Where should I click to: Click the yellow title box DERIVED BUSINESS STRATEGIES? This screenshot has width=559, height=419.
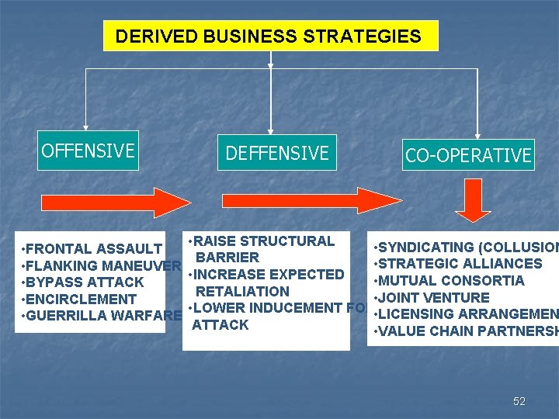tap(270, 36)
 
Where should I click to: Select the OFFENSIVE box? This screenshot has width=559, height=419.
tap(88, 151)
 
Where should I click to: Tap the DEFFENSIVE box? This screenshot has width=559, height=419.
tap(277, 154)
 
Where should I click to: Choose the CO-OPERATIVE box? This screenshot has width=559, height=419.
tap(468, 156)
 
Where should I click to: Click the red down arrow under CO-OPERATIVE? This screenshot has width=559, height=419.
tap(474, 200)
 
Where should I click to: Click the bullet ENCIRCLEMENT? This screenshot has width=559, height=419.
tap(81, 300)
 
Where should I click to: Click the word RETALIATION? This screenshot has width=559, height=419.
tap(242, 292)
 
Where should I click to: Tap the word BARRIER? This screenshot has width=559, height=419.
tap(227, 258)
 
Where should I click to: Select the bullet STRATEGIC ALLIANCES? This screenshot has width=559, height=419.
tap(459, 264)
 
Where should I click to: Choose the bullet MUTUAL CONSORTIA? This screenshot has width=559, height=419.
tap(450, 281)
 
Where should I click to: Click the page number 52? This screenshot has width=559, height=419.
tap(519, 401)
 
